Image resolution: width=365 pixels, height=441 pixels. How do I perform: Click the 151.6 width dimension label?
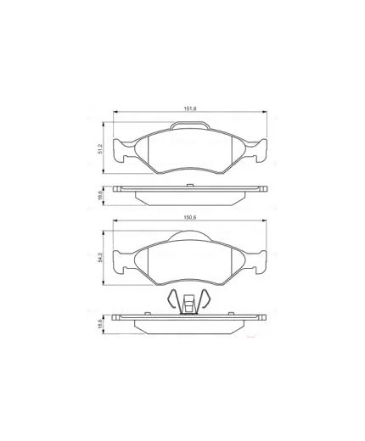click(x=191, y=109)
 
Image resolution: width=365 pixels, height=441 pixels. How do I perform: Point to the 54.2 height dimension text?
click(x=99, y=257)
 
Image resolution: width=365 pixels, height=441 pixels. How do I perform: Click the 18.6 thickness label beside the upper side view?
click(x=99, y=194)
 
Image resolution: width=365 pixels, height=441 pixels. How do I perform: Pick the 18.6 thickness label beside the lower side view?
click(x=99, y=326)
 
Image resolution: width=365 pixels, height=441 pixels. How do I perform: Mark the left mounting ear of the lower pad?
click(x=120, y=264)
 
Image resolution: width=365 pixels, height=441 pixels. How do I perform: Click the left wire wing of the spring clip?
click(x=172, y=301)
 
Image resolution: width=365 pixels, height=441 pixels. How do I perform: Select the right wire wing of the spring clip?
click(x=210, y=301)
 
